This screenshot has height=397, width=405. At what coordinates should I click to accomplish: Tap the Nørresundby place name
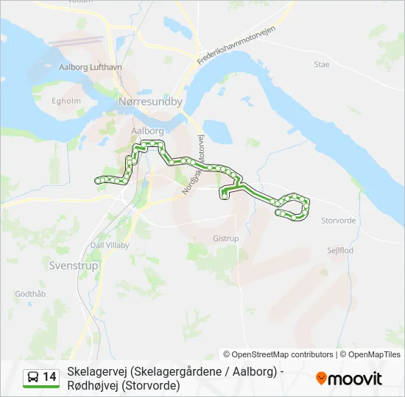[150, 102]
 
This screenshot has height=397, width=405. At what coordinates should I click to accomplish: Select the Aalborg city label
[147, 130]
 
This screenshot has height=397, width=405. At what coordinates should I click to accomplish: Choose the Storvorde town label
[339, 220]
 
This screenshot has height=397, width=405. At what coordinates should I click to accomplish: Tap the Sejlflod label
[340, 250]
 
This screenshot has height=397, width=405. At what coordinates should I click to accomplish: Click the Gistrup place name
[226, 238]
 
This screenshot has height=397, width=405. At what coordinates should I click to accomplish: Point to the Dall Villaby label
[110, 245]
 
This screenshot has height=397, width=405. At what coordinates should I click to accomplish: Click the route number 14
[50, 377]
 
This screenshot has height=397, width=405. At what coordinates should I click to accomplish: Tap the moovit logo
[349, 379]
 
